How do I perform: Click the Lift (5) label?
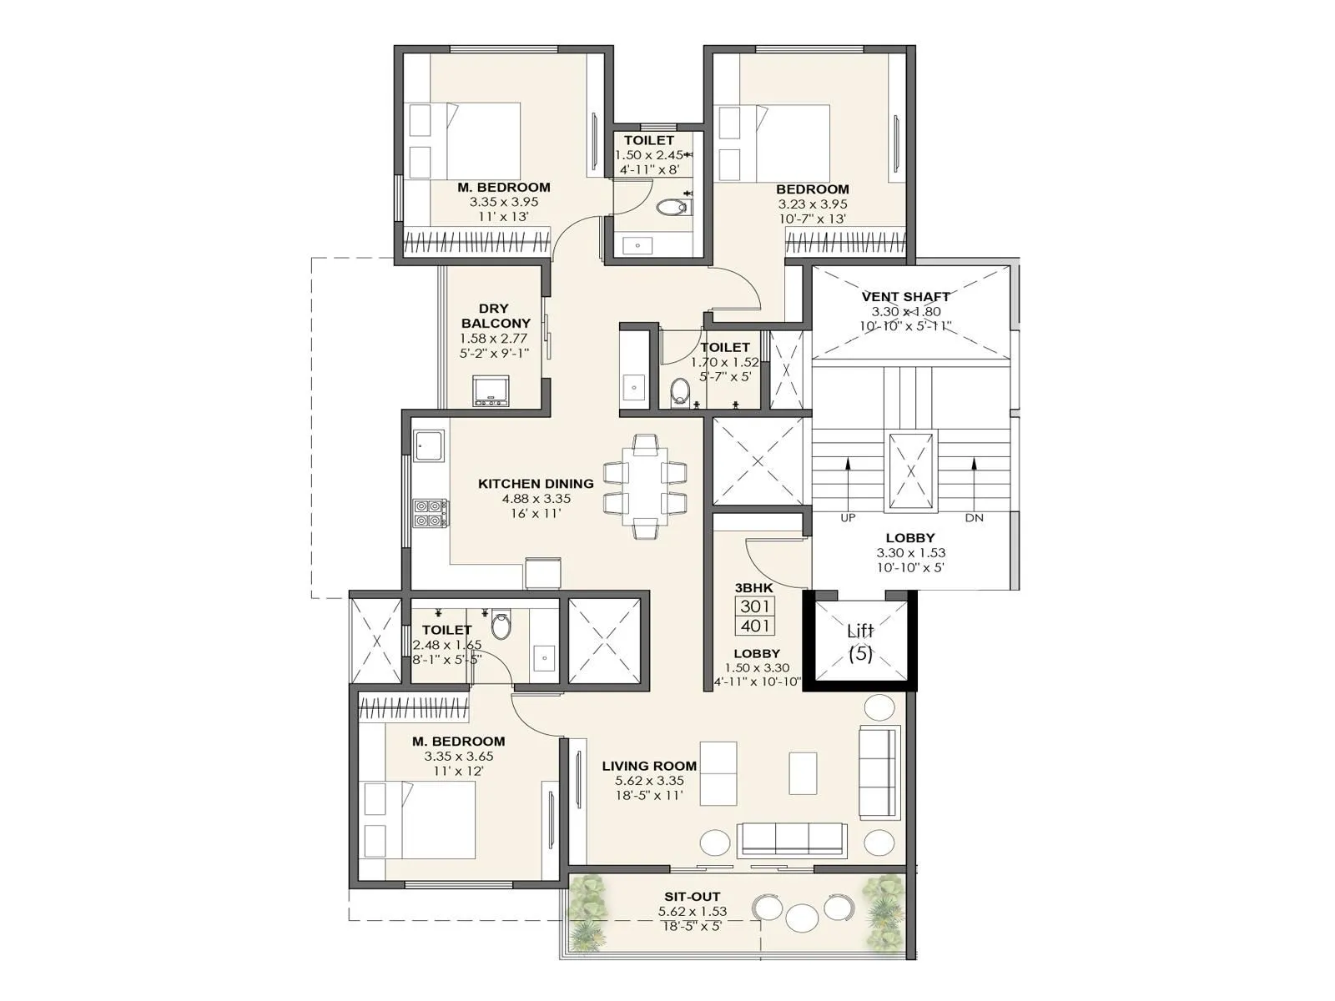[x=860, y=642]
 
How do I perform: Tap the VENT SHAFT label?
[x=905, y=296]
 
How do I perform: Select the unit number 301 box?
[x=754, y=606]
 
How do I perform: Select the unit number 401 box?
[x=754, y=626]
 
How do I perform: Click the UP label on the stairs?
[x=848, y=518]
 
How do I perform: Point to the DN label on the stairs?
[x=974, y=518]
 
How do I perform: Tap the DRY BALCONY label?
[x=495, y=315]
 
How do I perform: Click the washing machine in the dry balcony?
[x=491, y=390]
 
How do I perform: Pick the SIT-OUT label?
[x=692, y=897]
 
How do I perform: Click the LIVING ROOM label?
[x=649, y=766]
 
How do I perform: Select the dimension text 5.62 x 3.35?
[x=649, y=781]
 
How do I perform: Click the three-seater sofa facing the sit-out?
[x=793, y=839]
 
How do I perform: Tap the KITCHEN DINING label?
[x=536, y=483]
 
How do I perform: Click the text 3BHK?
[x=753, y=587]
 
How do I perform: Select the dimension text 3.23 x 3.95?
[x=812, y=204]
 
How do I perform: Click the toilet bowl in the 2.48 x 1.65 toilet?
[x=501, y=626]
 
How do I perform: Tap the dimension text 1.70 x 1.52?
[x=724, y=362]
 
